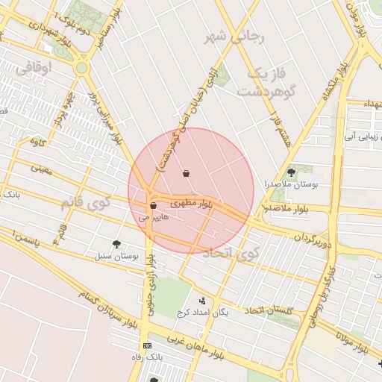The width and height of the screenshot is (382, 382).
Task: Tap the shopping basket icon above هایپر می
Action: (153, 205)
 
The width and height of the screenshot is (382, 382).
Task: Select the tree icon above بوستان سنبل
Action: (116, 243)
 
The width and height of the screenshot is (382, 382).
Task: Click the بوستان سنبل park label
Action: (117, 256)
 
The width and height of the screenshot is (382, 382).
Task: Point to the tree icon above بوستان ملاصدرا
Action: (290, 172)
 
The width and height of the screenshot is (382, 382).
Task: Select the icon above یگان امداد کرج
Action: (202, 301)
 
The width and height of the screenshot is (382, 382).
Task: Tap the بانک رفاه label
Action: (146, 357)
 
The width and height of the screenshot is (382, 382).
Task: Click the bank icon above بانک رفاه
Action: (146, 346)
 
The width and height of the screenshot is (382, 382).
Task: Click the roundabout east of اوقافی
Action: (81, 67)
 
